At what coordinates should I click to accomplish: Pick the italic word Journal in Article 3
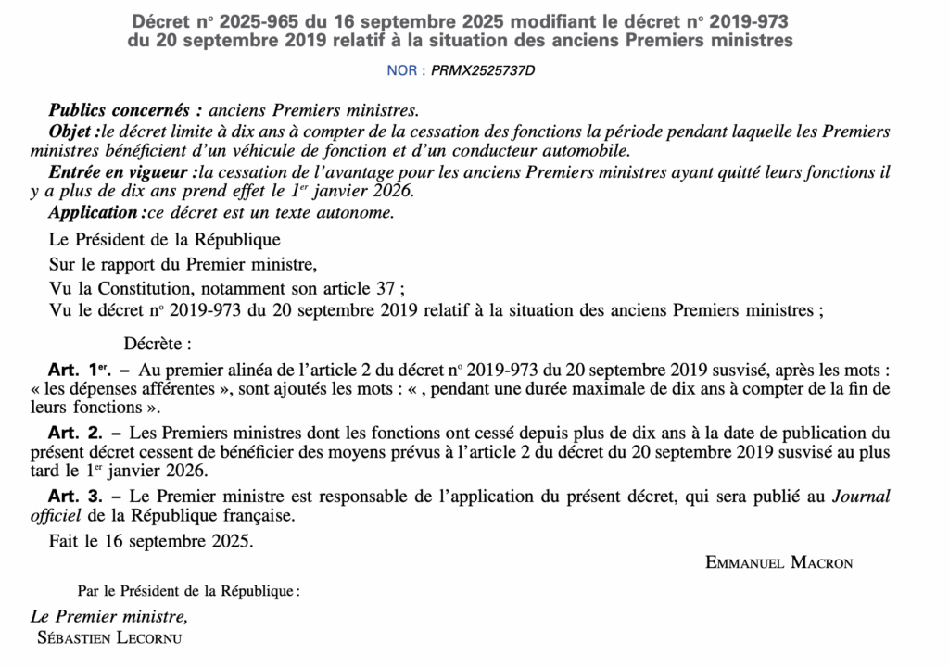(x=860, y=497)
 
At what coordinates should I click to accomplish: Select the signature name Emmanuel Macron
(x=779, y=562)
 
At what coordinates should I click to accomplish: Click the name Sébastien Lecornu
(x=109, y=638)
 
